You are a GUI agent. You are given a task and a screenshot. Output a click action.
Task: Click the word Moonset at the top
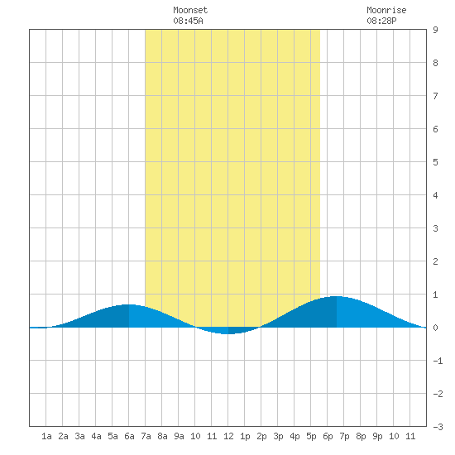tap(190, 10)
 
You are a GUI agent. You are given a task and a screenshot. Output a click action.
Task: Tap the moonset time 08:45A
tap(188, 21)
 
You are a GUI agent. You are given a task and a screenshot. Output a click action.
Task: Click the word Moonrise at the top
tap(386, 10)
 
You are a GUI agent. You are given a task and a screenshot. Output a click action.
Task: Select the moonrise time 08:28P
tap(381, 21)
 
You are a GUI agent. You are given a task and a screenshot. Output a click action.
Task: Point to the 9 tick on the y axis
tap(435, 30)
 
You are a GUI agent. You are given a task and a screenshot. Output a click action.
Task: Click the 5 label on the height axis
tap(435, 162)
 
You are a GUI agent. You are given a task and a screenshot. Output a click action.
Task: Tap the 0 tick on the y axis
tap(435, 328)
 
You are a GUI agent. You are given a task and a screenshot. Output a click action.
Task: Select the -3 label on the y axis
tap(438, 427)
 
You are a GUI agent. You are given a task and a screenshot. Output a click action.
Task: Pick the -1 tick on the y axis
tap(438, 361)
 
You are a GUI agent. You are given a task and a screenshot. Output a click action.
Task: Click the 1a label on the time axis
tap(46, 436)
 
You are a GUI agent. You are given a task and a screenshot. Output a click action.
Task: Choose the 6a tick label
tap(129, 436)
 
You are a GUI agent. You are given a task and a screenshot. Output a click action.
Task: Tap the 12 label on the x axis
tap(228, 436)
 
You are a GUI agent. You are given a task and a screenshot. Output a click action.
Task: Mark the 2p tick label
tap(261, 436)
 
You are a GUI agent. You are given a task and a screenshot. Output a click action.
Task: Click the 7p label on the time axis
tap(344, 436)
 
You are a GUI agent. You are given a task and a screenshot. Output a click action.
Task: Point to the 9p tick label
tap(377, 436)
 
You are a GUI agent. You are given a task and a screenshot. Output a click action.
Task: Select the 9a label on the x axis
tap(179, 436)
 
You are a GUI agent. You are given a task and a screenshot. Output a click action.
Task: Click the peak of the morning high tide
tap(128, 304)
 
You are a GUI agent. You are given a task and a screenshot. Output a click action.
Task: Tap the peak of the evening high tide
tap(337, 296)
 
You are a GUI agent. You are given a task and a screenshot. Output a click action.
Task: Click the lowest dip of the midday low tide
tap(228, 334)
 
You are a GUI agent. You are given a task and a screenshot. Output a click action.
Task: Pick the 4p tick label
tap(295, 436)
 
